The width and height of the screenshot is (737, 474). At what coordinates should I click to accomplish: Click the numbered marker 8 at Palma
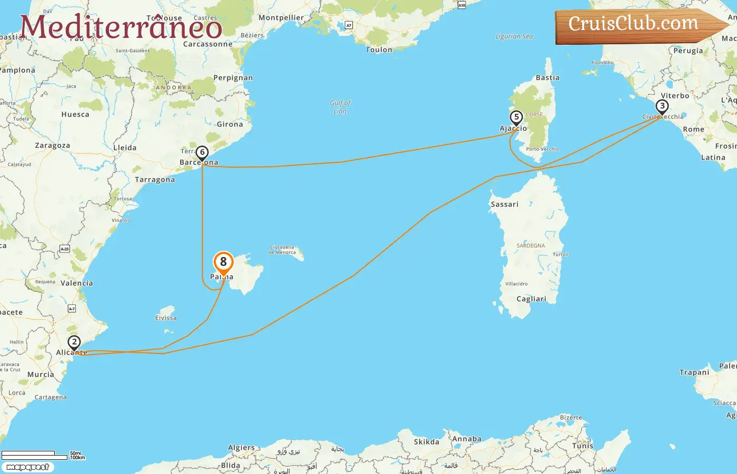(x=223, y=262)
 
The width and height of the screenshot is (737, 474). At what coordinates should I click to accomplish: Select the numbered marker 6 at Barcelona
(x=202, y=153)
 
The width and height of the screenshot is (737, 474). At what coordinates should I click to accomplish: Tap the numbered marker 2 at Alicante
(x=74, y=342)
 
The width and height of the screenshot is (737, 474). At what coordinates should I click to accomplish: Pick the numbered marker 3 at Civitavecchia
(x=662, y=106)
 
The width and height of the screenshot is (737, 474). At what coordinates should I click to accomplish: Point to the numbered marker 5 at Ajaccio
(x=516, y=117)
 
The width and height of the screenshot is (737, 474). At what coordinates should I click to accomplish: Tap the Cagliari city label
(x=531, y=299)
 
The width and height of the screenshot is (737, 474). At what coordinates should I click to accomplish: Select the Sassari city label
(x=504, y=204)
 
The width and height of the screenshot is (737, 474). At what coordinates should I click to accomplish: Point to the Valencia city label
(x=77, y=283)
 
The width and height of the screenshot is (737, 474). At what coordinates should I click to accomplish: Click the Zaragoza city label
(x=52, y=145)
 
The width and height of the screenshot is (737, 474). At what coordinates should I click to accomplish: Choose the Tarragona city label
(x=155, y=180)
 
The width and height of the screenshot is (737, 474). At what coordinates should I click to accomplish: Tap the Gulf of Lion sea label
(x=340, y=107)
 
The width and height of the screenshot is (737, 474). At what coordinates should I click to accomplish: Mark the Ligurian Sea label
(x=514, y=36)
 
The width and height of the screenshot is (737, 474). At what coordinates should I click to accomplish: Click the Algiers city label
(x=241, y=448)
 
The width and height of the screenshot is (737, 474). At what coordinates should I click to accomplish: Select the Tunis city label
(x=582, y=446)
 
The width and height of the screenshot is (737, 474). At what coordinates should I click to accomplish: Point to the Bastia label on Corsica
(x=547, y=77)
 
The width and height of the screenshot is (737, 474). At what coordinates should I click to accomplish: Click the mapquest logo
(x=27, y=467)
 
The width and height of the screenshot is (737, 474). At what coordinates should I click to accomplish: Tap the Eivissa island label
(x=166, y=318)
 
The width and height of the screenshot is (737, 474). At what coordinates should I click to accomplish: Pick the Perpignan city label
(x=233, y=78)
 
